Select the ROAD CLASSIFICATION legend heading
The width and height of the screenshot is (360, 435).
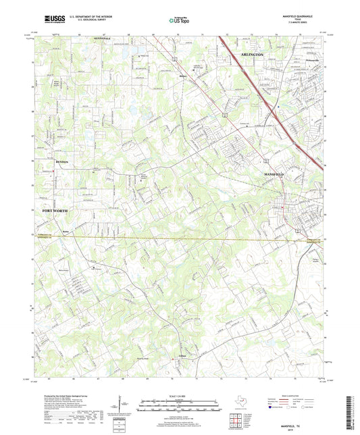click(299, 394)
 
